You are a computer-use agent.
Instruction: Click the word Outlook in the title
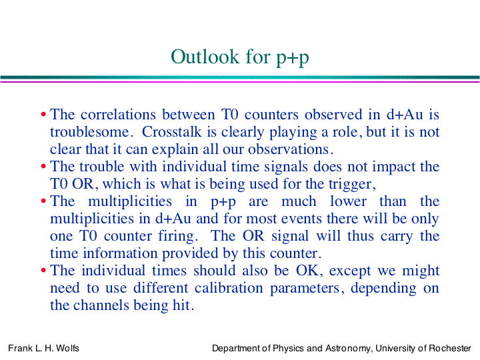[x=205, y=57]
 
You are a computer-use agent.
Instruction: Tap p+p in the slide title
[x=293, y=58]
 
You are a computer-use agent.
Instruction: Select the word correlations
[x=118, y=115]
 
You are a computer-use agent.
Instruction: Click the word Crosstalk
[x=172, y=132]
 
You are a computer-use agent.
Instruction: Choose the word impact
[x=393, y=167]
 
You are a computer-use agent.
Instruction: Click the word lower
[x=348, y=201]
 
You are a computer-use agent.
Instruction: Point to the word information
[x=120, y=253]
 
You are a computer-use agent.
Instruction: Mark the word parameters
[x=305, y=289]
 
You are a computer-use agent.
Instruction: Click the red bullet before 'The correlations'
[x=43, y=115]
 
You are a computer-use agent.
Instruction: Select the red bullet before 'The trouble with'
[x=43, y=167]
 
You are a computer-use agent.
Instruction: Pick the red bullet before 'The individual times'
[x=43, y=271]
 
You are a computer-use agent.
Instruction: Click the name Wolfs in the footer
[x=67, y=349]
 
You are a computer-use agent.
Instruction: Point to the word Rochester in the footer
[x=450, y=349]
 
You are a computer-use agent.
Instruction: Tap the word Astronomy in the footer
[x=349, y=349]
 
